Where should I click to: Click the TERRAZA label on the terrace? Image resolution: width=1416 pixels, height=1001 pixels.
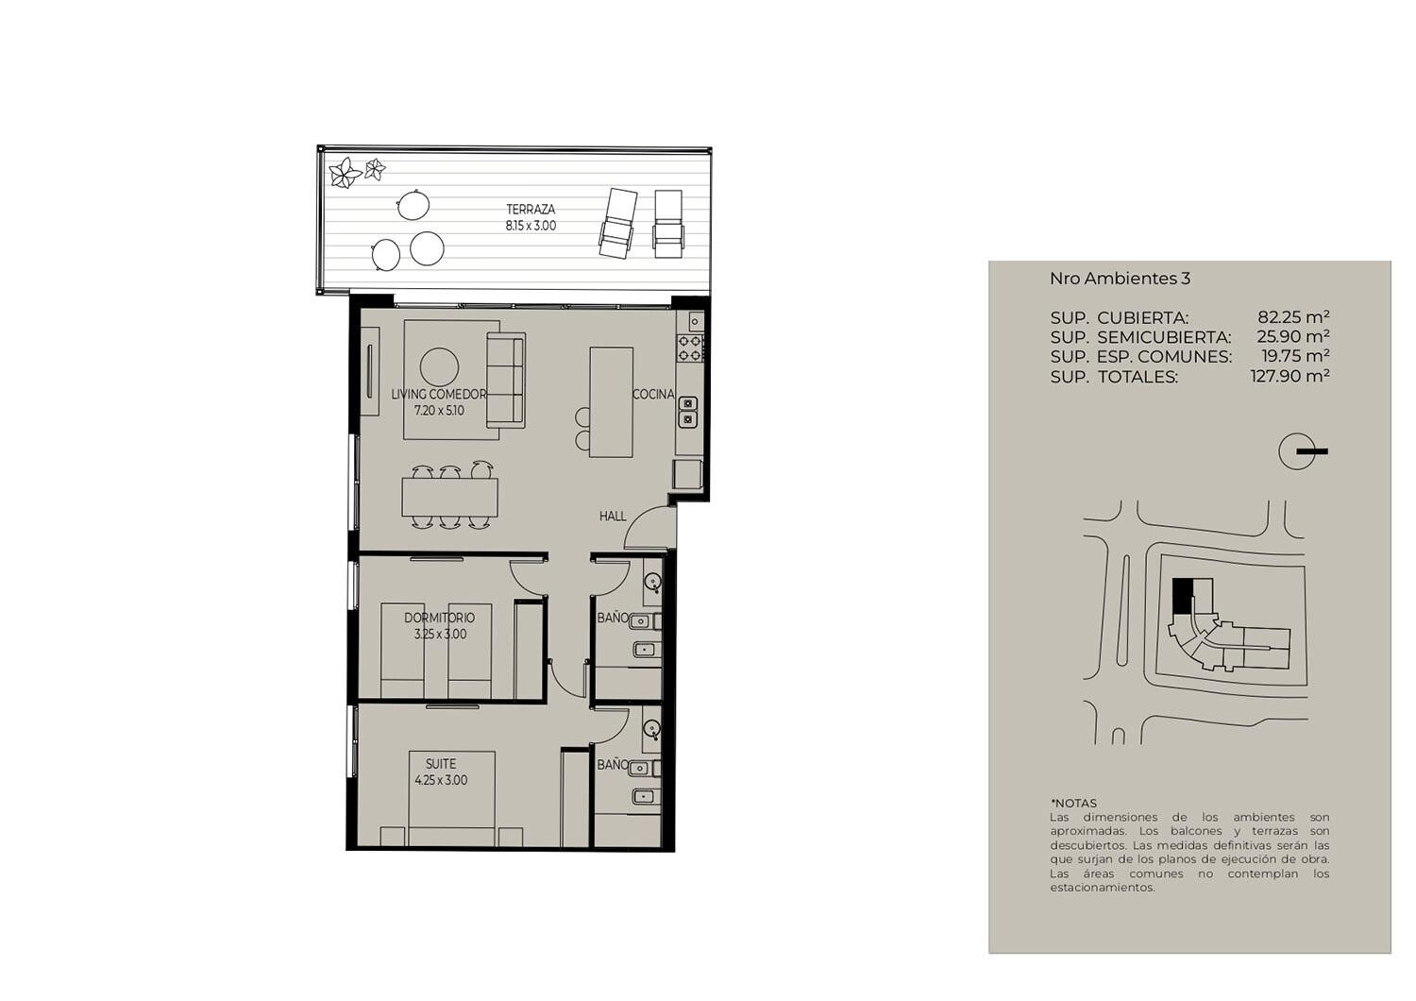pos(531,210)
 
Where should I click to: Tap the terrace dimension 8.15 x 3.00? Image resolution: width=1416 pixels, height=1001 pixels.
pos(531,226)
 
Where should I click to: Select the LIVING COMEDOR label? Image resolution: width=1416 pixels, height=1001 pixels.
pos(439,394)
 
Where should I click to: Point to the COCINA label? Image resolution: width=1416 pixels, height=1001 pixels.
pos(653,394)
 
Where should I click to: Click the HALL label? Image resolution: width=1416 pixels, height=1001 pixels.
pos(613,516)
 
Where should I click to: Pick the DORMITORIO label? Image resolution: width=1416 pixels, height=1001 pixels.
pos(439,618)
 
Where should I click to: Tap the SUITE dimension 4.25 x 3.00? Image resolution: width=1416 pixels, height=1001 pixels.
pos(441,780)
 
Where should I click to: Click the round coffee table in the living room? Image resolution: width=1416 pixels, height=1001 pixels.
pos(439,366)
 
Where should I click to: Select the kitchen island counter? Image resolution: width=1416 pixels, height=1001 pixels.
pos(612,402)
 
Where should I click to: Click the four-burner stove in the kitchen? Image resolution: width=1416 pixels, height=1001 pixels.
pos(690,348)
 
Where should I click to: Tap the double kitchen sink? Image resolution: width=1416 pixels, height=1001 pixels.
pos(688,412)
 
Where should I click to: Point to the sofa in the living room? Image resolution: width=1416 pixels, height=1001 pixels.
pos(506,380)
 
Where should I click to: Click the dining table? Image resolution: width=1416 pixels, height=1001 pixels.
pos(449,497)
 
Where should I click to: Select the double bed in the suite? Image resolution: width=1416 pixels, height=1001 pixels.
pos(451,799)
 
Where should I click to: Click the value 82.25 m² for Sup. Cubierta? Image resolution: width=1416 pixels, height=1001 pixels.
pos(1293,316)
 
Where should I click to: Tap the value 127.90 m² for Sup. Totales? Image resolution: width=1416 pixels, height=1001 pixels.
pos(1290,376)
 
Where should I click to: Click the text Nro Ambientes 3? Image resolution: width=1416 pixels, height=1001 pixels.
pos(1121,279)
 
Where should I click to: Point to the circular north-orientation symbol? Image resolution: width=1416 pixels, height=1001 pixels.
pos(1296,451)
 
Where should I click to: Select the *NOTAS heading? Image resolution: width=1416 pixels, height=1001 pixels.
pos(1073,804)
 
